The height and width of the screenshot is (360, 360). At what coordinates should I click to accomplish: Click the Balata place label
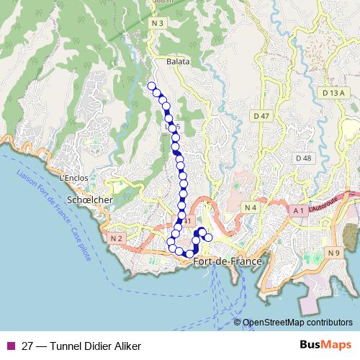pos(178,62)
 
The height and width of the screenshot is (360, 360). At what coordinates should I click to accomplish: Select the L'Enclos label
pos(73,178)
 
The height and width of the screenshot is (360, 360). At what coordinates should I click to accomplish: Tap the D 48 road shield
pos(303,158)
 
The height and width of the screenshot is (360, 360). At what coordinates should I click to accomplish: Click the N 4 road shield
pos(251,208)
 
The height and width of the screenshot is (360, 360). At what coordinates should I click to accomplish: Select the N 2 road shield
pos(117,238)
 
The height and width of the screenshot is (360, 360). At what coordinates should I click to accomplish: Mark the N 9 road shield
pos(333,253)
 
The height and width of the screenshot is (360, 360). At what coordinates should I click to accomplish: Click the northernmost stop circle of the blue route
pos(151,86)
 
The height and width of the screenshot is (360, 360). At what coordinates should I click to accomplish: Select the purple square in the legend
pos(10,346)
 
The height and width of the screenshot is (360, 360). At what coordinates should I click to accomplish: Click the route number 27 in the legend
pos(27,346)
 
